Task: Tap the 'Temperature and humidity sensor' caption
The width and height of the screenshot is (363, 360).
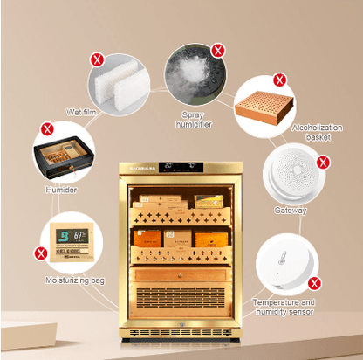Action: click(x=284, y=306)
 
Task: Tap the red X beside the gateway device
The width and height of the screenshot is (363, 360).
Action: click(x=322, y=162)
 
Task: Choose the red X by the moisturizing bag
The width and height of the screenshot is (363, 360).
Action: click(x=40, y=253)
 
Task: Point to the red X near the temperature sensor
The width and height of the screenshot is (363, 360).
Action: click(x=314, y=283)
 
